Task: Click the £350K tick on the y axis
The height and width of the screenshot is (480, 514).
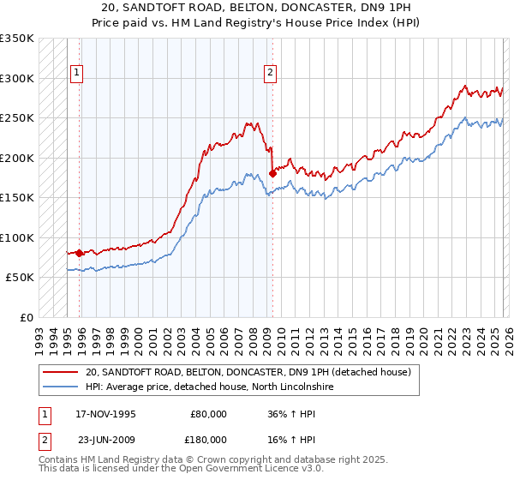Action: pos(17,39)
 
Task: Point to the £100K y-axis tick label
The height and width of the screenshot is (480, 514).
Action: pos(17,237)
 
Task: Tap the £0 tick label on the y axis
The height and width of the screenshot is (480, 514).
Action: pos(26,317)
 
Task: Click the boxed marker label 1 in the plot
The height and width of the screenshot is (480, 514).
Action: pos(76,74)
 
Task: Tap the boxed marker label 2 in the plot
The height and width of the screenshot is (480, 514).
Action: pos(270,74)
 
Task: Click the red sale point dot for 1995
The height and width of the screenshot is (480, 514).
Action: pos(80,253)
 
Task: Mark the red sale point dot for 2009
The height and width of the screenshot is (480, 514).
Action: pos(272,173)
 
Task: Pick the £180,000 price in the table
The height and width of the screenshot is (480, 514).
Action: pos(208,439)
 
